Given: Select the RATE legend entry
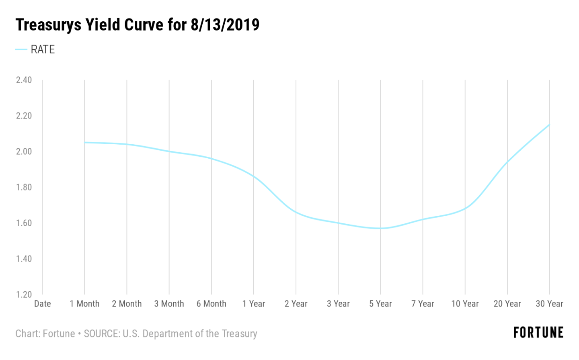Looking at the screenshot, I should click(x=42, y=49).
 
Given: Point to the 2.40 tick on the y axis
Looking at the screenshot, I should click(x=24, y=80).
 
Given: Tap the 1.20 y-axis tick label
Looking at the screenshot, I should click(x=24, y=295).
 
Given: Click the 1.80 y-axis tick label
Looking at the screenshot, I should click(x=24, y=187).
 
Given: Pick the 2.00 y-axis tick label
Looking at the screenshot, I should click(x=24, y=151).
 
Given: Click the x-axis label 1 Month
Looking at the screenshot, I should click(x=84, y=304).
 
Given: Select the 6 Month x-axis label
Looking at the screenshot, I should click(x=211, y=304).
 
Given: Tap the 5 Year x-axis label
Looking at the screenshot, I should click(x=380, y=304).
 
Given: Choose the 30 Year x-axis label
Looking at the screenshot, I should click(x=549, y=304).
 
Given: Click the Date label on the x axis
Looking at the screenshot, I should click(x=42, y=304).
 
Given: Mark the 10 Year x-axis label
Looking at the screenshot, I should click(x=465, y=304).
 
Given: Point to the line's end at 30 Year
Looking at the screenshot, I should click(x=549, y=125).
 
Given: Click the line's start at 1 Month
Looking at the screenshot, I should click(x=85, y=142).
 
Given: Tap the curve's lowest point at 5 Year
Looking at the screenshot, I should click(x=380, y=228).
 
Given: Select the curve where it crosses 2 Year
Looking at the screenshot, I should click(x=296, y=212).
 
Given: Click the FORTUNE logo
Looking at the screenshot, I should click(x=538, y=333).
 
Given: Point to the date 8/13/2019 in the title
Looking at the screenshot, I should click(x=225, y=25).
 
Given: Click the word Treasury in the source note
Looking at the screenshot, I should click(x=239, y=334).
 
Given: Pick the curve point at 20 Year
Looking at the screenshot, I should click(x=507, y=162).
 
